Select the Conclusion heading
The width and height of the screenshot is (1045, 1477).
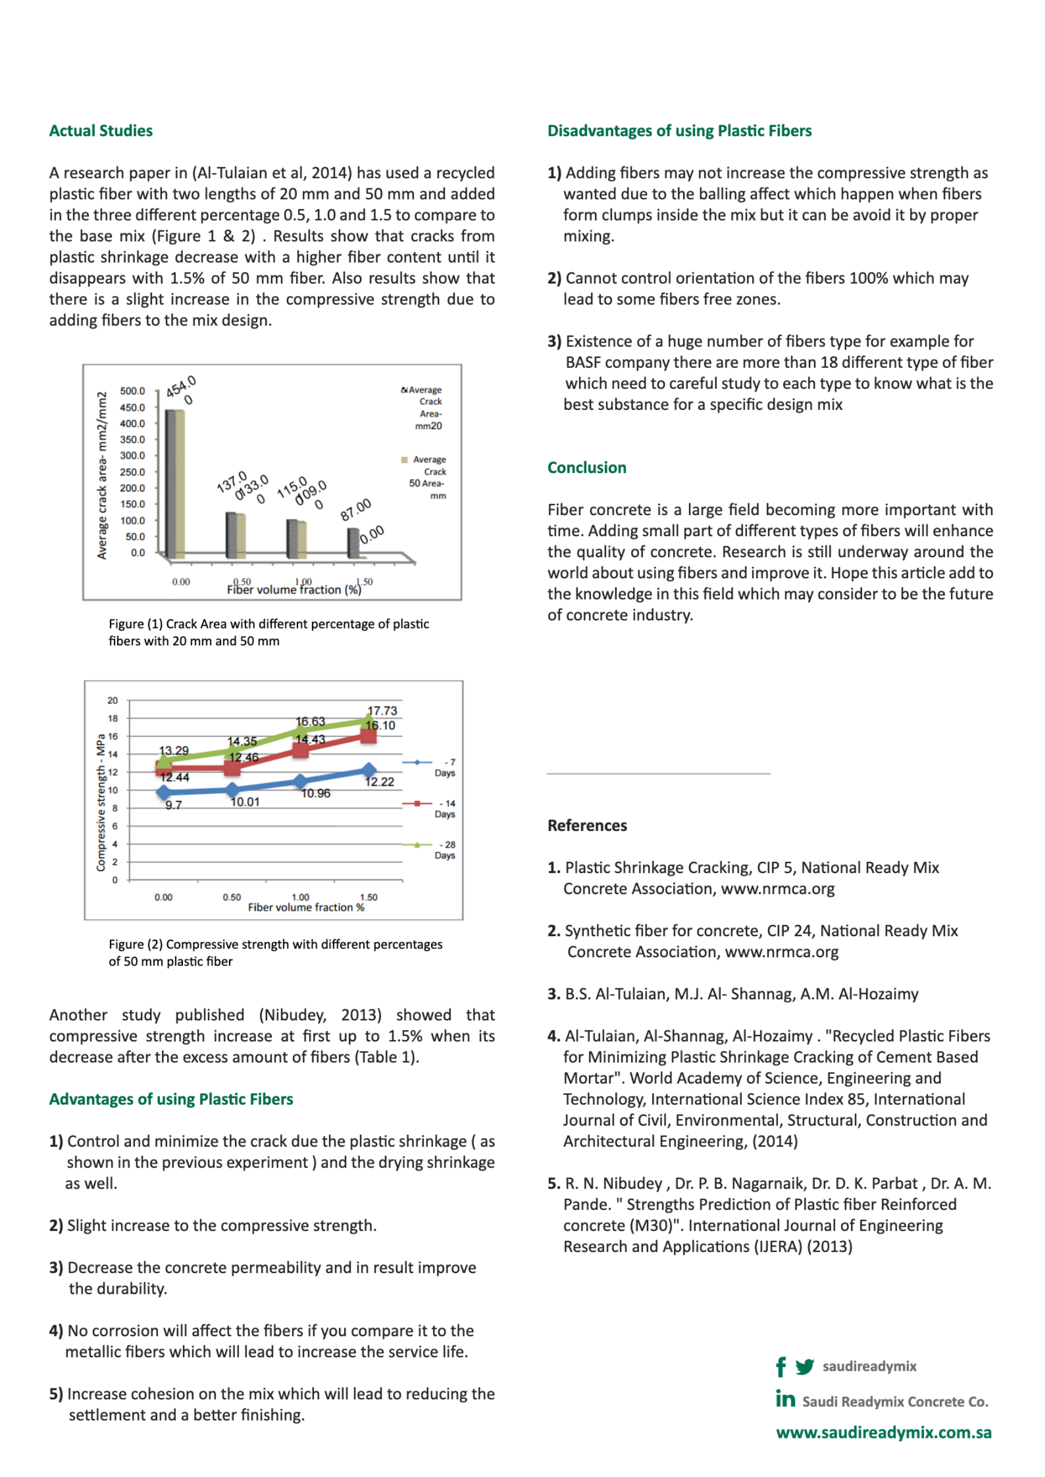586,467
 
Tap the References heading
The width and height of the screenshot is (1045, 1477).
587,825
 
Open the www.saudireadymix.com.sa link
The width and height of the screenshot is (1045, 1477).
884,1433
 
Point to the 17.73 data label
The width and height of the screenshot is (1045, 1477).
382,710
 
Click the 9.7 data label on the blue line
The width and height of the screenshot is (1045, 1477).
173,805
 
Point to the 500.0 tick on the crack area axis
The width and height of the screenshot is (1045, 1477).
133,391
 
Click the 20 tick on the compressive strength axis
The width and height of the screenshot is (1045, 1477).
113,700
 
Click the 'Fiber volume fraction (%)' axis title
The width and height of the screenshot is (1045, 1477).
294,589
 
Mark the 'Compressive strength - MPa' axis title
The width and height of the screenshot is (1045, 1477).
101,803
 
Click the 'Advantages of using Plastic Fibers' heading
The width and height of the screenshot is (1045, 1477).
171,1099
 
